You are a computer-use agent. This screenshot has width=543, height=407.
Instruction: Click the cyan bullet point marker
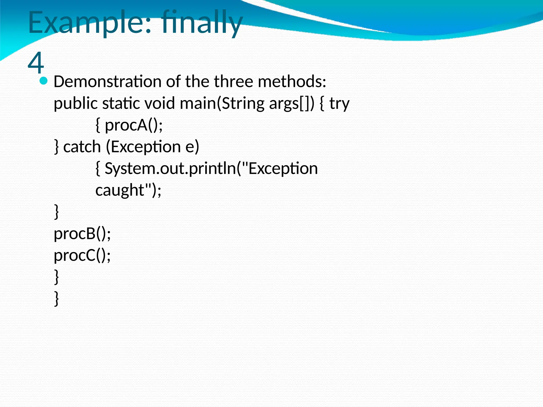click(43, 81)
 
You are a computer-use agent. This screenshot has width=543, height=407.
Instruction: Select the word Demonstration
click(107, 81)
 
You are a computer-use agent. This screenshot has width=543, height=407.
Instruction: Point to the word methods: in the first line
click(292, 81)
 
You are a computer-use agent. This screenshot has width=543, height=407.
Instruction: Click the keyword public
click(76, 103)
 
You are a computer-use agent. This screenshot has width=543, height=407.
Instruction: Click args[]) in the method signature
click(292, 103)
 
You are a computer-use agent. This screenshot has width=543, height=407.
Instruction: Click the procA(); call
click(134, 125)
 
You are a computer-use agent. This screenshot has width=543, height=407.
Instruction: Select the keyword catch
click(82, 147)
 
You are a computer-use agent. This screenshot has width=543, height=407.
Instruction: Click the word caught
click(120, 191)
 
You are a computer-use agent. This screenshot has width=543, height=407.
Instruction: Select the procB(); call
click(82, 234)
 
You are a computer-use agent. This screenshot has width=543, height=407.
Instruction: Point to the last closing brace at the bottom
click(56, 299)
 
